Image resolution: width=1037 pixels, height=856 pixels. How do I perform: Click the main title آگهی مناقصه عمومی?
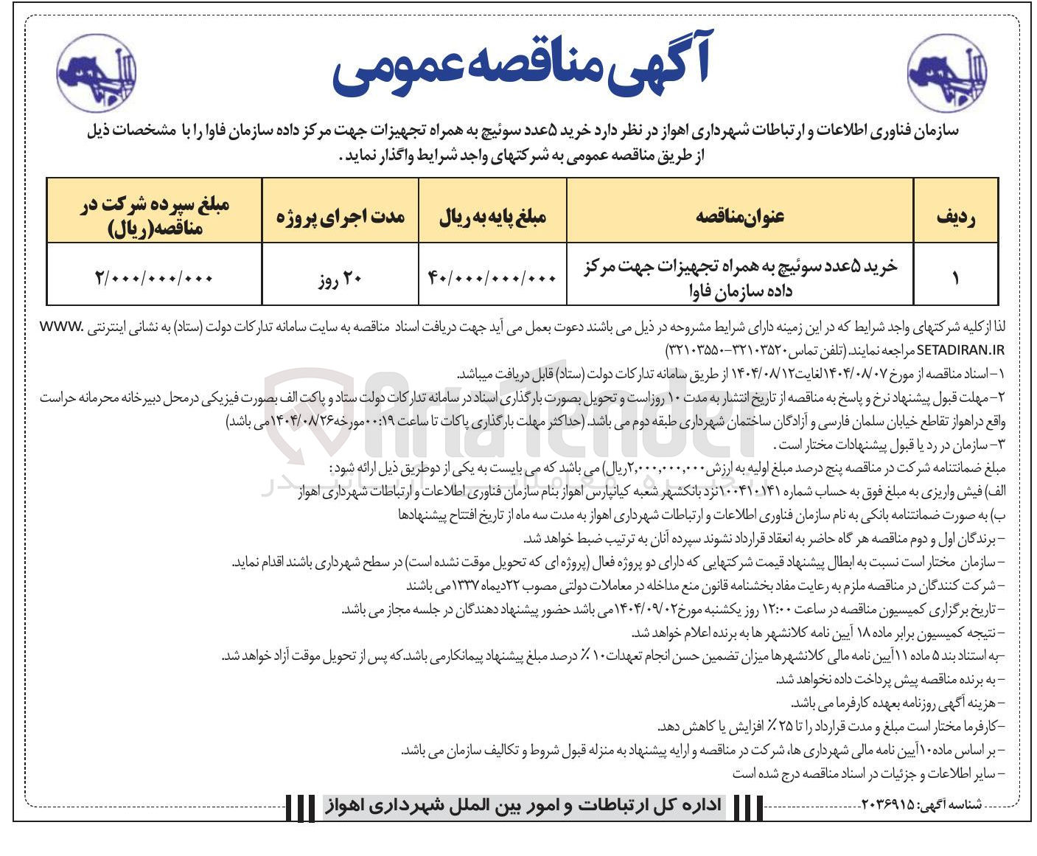point(520,65)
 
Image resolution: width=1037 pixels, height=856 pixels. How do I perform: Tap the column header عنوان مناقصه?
point(739,216)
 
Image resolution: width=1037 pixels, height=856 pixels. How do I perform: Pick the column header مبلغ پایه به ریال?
point(492,217)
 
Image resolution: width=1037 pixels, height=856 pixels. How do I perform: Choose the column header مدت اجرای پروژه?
point(341,217)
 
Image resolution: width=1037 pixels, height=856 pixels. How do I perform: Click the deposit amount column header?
point(155,217)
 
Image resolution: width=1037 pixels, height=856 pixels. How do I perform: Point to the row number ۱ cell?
point(956,278)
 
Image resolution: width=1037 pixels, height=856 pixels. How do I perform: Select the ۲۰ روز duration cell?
point(341,279)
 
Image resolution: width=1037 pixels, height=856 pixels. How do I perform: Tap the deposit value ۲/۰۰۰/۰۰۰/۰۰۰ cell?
point(154,279)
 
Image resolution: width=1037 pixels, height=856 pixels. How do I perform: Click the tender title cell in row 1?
point(739,278)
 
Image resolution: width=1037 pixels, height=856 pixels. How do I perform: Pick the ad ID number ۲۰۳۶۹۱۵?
point(888,804)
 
